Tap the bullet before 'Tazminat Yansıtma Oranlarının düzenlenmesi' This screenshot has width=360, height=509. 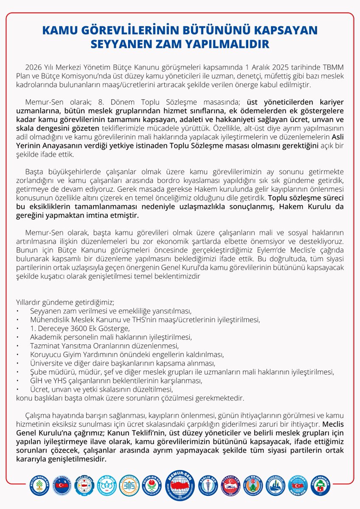point(17,346)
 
